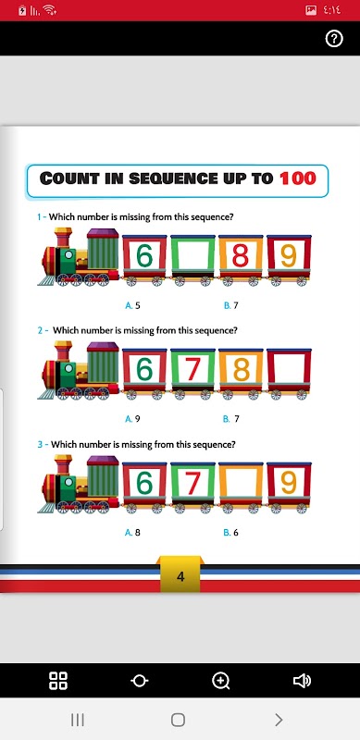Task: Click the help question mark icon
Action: pos(334,39)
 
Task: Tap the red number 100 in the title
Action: pos(297,179)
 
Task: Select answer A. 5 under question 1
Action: pos(132,305)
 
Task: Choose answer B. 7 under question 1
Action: pos(231,305)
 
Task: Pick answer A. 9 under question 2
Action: pos(132,419)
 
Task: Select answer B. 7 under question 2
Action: pos(231,419)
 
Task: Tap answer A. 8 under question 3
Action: pos(132,533)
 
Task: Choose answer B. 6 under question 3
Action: pos(231,533)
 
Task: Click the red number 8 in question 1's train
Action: pos(241,256)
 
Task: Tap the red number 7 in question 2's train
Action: pos(192,369)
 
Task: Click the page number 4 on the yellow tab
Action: pos(180,576)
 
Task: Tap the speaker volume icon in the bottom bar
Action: pos(302,681)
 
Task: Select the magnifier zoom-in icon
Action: pos(220,681)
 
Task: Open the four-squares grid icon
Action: pos(58,681)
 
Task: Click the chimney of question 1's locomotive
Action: pos(63,238)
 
